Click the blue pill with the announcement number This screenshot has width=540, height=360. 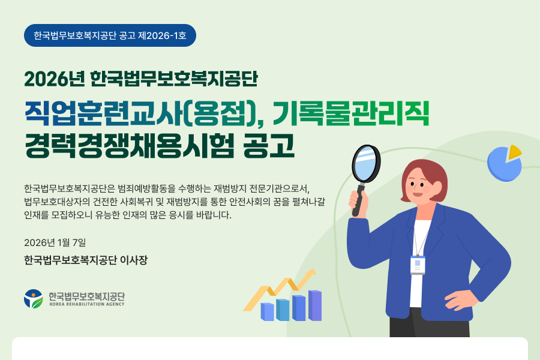click(x=110, y=35)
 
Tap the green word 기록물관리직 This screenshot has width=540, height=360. click(x=350, y=113)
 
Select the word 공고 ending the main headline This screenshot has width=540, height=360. click(x=269, y=145)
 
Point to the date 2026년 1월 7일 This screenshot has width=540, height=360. click(x=55, y=242)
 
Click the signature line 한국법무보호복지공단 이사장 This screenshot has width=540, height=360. click(x=86, y=260)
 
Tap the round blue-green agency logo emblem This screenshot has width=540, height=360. click(x=34, y=299)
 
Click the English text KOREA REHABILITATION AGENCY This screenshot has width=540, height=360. click(x=87, y=304)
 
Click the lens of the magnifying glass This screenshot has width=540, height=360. click(x=366, y=163)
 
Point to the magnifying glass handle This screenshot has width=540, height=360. click(x=358, y=200)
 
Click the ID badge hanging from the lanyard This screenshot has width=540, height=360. click(x=418, y=265)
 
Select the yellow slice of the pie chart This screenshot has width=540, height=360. click(x=515, y=152)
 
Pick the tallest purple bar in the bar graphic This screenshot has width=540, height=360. click(x=315, y=305)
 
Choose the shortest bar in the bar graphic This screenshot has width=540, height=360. click(x=267, y=312)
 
